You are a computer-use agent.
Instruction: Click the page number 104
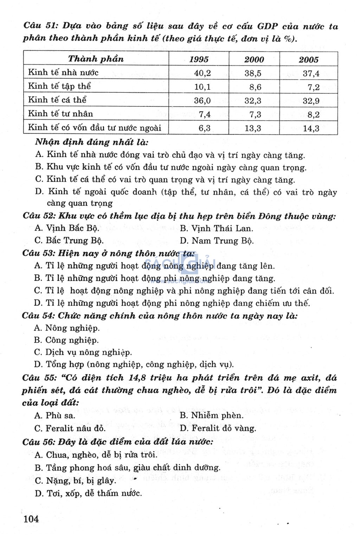tap(31, 518)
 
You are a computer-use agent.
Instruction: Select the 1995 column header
tap(199, 59)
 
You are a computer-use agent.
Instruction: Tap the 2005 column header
tap(308, 59)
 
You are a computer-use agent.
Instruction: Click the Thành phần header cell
tap(96, 59)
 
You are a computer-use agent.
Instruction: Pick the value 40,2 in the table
tap(202, 73)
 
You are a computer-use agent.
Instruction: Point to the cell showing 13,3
tap(253, 128)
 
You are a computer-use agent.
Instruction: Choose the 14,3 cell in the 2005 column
tap(311, 129)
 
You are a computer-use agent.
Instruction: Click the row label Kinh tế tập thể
tap(59, 86)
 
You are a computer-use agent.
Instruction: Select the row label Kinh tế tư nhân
tap(60, 113)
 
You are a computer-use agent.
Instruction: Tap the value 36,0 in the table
tap(202, 101)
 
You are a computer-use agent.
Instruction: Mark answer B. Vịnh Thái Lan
tap(217, 228)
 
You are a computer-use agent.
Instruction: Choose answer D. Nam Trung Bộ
tap(217, 241)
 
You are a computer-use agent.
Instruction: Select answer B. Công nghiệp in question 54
tap(66, 340)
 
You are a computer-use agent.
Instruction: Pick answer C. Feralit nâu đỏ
tap(70, 428)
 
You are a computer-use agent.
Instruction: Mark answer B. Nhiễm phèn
tap(212, 416)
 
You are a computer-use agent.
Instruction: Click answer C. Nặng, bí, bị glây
tap(75, 481)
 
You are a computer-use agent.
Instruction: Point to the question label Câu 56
tap(37, 442)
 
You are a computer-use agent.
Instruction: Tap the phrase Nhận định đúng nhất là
tap(92, 142)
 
